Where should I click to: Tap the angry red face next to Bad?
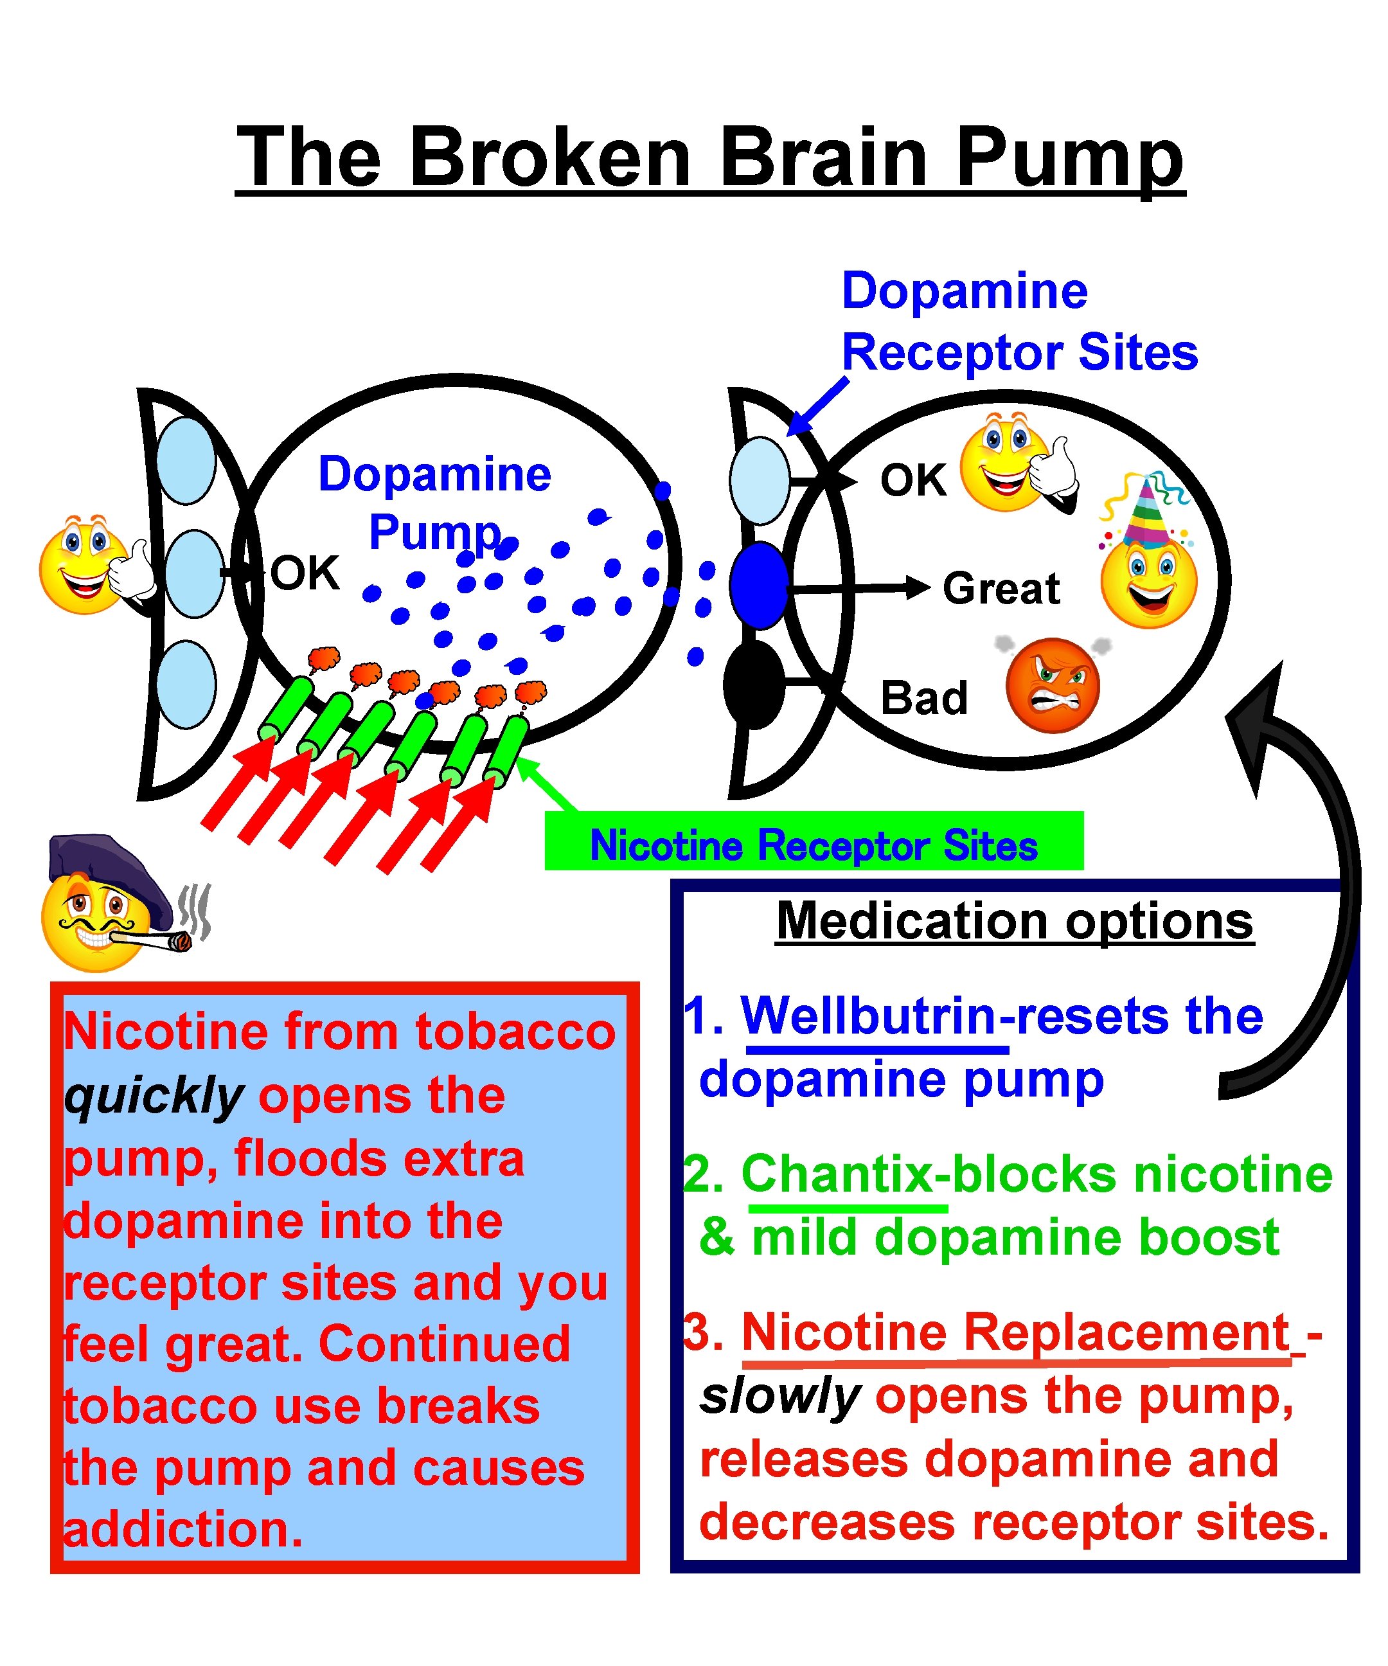pyautogui.click(x=1053, y=685)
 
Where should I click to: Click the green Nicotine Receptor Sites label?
pyautogui.click(x=814, y=845)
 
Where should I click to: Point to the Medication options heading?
pyautogui.click(x=1015, y=921)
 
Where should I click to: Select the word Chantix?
pyautogui.click(x=837, y=1175)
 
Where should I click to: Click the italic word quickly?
pyautogui.click(x=153, y=1096)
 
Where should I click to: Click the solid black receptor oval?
pyautogui.click(x=754, y=685)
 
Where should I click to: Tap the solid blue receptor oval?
pyautogui.click(x=759, y=586)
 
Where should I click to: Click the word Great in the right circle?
pyautogui.click(x=1001, y=589)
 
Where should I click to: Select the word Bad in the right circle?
pyautogui.click(x=924, y=698)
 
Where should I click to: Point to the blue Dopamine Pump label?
pyautogui.click(x=434, y=502)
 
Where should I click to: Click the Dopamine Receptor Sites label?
pyautogui.click(x=1019, y=321)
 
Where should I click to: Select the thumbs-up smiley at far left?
pyautogui.click(x=91, y=565)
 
